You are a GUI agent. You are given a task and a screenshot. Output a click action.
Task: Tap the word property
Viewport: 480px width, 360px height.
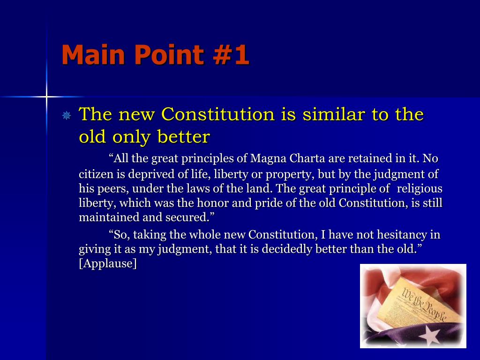click(289, 175)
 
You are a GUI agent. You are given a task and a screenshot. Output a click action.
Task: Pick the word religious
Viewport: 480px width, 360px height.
click(420, 188)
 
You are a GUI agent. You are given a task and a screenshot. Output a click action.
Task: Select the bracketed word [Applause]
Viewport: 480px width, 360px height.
click(108, 263)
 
